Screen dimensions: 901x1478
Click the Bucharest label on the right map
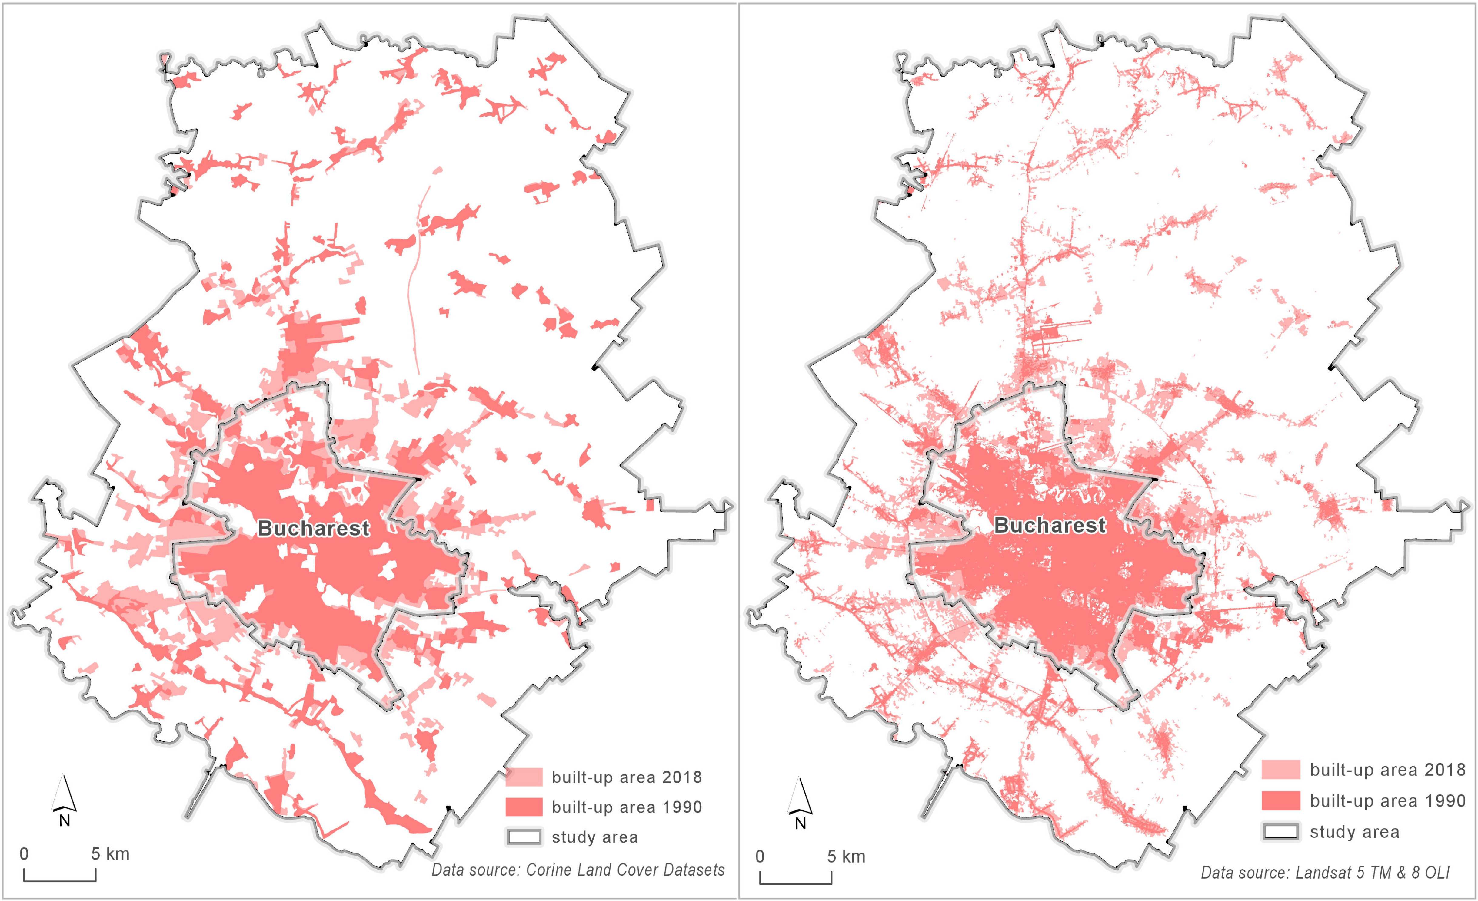coord(1050,526)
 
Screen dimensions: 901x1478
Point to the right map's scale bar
coord(796,883)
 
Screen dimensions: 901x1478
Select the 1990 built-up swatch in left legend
coord(524,807)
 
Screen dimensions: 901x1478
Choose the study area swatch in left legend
coord(524,837)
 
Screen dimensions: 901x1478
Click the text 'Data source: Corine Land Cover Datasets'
coord(578,870)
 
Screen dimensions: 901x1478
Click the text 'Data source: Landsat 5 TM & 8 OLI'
coord(1325,872)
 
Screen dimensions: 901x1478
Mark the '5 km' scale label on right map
coord(846,856)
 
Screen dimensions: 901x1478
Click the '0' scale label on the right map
coord(760,856)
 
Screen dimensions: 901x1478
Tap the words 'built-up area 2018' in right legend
coord(1387,770)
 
